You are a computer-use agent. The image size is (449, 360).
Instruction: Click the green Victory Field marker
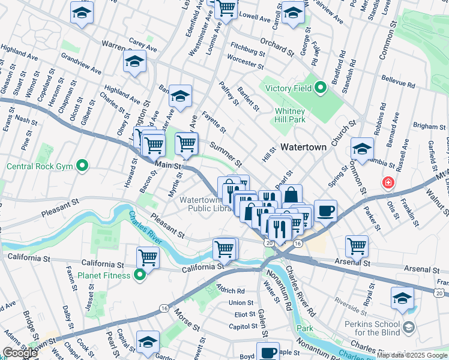tap(321, 89)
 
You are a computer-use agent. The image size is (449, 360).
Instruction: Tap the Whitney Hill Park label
tap(291, 115)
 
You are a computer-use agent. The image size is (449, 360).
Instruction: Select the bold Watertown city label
tap(303, 147)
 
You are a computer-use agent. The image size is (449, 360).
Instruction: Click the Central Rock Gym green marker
tap(83, 166)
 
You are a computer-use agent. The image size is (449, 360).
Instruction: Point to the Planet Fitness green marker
tap(140, 275)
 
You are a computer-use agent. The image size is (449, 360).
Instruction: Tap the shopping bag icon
tap(291, 195)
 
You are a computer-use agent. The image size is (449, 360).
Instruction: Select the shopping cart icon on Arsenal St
tap(357, 245)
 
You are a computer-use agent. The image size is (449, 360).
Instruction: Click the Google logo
tap(19, 353)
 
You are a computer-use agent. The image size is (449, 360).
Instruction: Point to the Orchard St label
tap(277, 47)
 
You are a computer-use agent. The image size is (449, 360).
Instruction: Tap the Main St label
tap(167, 164)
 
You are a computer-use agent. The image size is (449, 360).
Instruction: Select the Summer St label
tap(226, 154)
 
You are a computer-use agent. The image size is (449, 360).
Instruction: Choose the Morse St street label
tap(187, 319)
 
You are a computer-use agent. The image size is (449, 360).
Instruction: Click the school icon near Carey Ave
tap(134, 61)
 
